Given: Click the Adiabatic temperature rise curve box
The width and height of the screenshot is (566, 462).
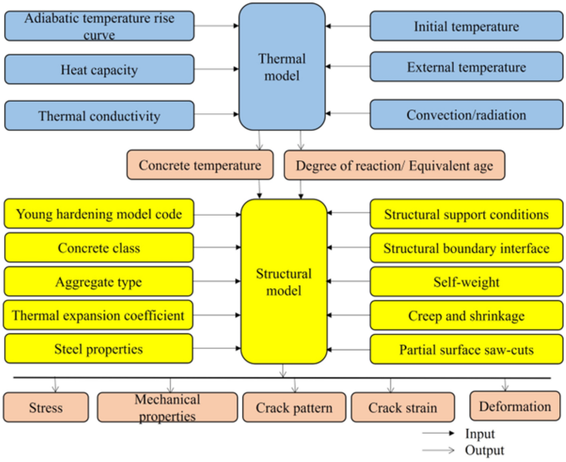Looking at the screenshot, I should (x=99, y=26).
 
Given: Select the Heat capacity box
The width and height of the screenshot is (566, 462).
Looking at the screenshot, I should (x=99, y=70).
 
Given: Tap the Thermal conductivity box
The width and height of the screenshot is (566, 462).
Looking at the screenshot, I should (x=99, y=116).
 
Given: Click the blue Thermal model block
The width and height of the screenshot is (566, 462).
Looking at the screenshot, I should (x=283, y=65).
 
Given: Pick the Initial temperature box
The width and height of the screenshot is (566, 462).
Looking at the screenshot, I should (x=466, y=26).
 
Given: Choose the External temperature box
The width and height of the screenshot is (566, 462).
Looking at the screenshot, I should (x=466, y=68).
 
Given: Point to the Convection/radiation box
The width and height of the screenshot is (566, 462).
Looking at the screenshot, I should (x=466, y=115).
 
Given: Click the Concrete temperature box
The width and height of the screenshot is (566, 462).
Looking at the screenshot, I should (x=199, y=165).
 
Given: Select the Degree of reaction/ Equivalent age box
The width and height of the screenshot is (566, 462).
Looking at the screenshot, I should (x=394, y=165).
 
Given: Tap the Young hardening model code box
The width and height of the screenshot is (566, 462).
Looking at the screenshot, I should (x=99, y=215).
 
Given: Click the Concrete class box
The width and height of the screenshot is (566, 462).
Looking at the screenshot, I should (x=99, y=248).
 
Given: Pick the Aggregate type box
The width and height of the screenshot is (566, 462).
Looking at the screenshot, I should (x=99, y=282).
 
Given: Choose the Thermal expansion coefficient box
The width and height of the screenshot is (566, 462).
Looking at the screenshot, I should (x=99, y=315).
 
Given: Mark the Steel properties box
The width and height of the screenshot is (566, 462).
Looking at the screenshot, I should (x=99, y=349).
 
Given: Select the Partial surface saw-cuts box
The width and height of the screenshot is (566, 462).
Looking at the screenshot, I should (x=466, y=349).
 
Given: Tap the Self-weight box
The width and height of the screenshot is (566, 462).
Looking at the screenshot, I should (x=466, y=282).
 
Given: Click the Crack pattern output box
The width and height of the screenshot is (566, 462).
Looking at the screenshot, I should (x=293, y=407).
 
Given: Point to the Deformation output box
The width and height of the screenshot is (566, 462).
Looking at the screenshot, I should (x=514, y=406).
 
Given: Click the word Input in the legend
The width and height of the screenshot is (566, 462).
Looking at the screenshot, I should (x=480, y=433).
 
